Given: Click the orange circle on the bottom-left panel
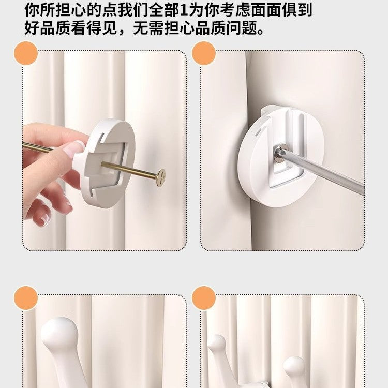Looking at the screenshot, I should coord(25,298).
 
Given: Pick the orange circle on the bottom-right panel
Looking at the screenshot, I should coord(203,298).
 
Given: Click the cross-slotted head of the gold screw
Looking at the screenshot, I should coord(161,176).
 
